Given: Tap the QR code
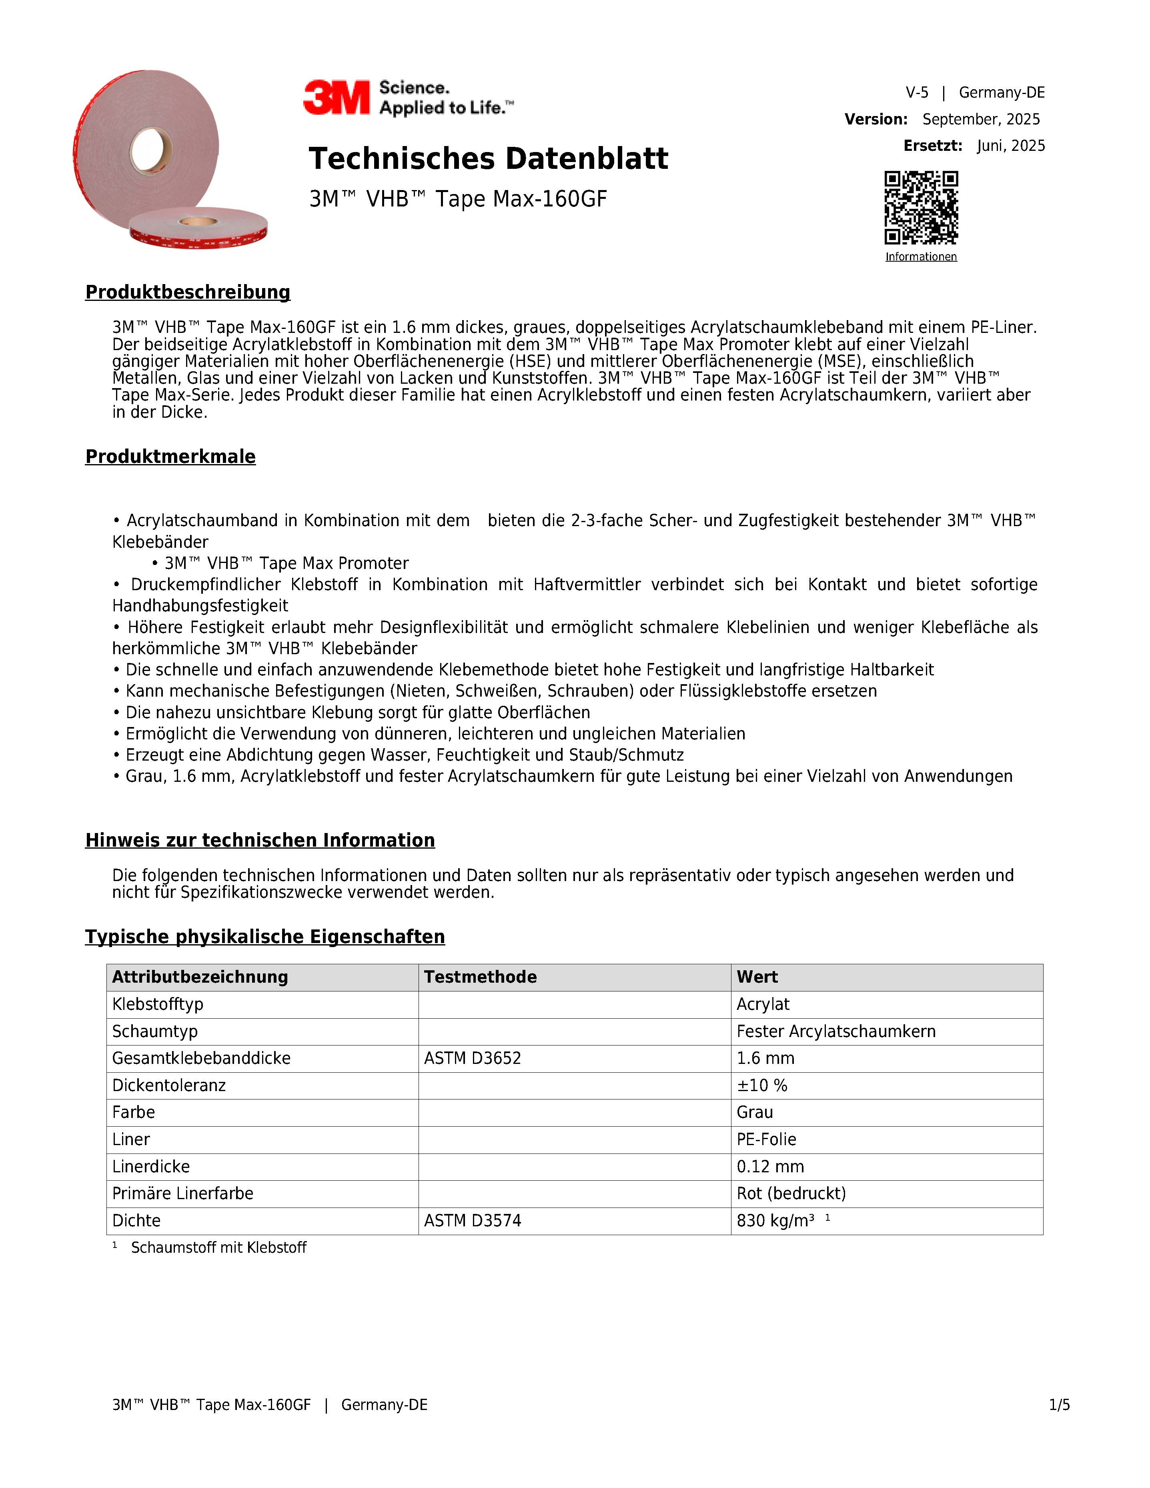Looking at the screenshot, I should (x=921, y=208).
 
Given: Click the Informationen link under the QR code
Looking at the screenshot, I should (x=921, y=257).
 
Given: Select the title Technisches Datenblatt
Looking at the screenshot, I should (x=489, y=159).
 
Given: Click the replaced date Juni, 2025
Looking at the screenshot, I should (x=1010, y=146).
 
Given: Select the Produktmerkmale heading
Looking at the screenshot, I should (x=170, y=457).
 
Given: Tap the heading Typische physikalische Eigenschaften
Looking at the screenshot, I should (x=265, y=937).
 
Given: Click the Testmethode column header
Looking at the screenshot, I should (x=480, y=977).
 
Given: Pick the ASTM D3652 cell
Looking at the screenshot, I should (x=472, y=1058).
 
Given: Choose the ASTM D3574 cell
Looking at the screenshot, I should (x=472, y=1220).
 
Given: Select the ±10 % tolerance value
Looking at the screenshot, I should (x=762, y=1085).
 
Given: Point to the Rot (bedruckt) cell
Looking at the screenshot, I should (x=791, y=1193).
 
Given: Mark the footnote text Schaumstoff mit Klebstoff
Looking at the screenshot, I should (x=219, y=1248).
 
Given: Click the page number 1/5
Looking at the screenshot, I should (x=1060, y=1405).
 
